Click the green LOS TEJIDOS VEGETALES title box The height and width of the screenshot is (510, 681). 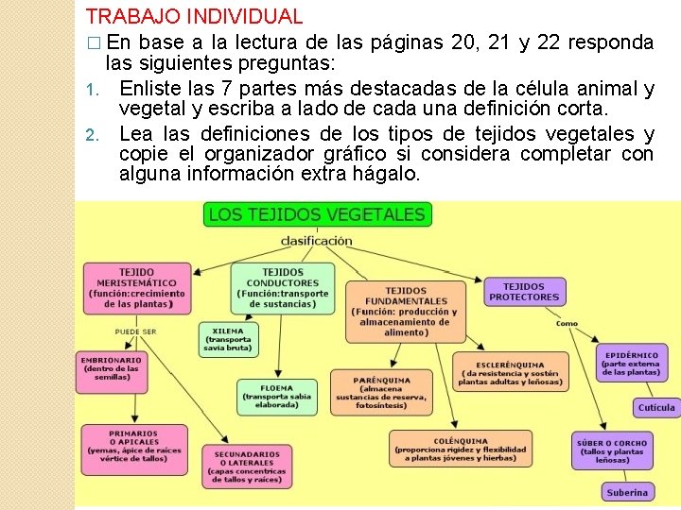(317, 214)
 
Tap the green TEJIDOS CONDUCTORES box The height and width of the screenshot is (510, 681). (283, 287)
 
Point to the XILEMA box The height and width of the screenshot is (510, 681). (227, 339)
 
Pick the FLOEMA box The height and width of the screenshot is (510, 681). (276, 397)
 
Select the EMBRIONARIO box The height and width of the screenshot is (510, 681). (112, 373)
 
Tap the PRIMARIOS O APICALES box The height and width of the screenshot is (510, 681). (133, 449)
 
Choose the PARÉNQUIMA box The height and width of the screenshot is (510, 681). (380, 392)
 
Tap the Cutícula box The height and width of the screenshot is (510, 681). (656, 408)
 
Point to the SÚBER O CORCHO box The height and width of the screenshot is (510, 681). (612, 451)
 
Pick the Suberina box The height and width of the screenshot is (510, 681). (627, 492)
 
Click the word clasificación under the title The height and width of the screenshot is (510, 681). (317, 241)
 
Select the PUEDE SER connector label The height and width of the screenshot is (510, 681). (135, 331)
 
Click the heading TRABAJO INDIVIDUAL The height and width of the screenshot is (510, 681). (194, 16)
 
